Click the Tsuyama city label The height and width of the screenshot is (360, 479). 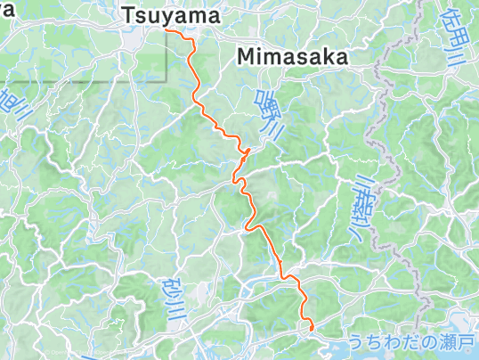(x=172, y=15)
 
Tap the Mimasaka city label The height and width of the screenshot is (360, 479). (x=291, y=56)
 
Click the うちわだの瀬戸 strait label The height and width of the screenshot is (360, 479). (x=413, y=342)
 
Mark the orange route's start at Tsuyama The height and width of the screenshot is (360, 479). (x=166, y=29)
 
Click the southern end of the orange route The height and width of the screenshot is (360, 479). (x=311, y=329)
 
